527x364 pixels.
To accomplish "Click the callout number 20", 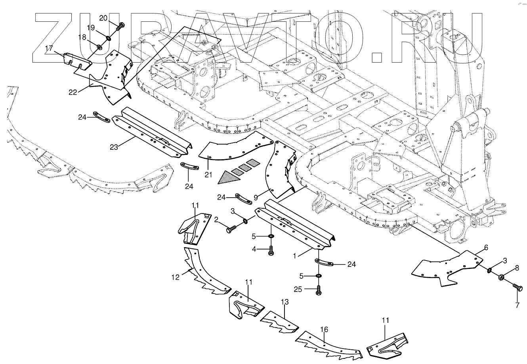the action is tap(103, 18).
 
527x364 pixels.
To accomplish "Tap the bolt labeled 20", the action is tap(120, 26).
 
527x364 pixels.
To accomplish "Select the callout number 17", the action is tap(49, 48).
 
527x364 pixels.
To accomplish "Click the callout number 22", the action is tap(73, 92).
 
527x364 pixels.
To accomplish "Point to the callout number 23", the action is tap(114, 147).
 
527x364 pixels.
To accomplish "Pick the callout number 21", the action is tap(208, 175).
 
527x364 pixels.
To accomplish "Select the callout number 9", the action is tap(256, 198).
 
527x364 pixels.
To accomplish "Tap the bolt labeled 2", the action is tap(232, 229).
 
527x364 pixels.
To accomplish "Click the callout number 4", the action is tap(254, 249).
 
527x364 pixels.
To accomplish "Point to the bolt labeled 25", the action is tap(319, 291).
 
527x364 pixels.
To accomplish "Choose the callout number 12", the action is tap(176, 277).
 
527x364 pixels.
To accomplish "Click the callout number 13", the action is tap(285, 302).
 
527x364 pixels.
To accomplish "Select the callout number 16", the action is tap(324, 330).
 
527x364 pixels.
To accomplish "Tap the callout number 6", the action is tap(486, 248).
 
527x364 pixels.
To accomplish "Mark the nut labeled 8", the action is tap(501, 277).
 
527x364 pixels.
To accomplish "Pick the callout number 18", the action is tap(82, 37).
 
